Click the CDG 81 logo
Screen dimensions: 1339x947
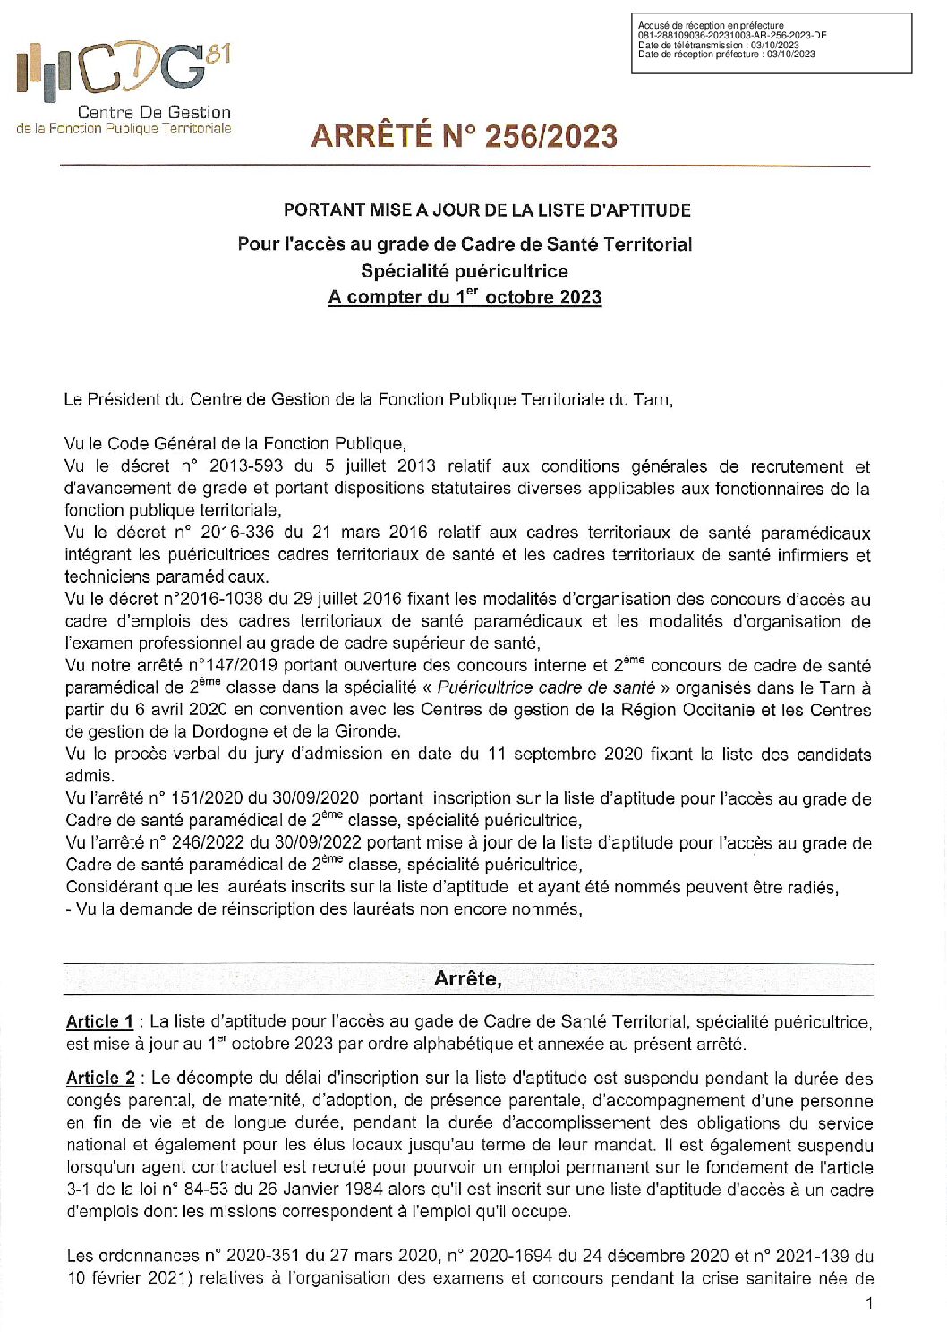[x=124, y=72]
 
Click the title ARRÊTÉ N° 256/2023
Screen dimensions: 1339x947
[x=464, y=136]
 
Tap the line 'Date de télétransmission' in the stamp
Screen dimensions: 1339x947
[x=718, y=45]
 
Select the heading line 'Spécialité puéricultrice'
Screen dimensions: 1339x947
[x=464, y=271]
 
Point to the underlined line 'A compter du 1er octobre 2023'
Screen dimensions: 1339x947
[x=464, y=297]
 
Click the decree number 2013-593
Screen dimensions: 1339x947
[x=245, y=466]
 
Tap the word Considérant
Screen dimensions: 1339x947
[x=109, y=887]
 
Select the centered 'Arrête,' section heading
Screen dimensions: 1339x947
[x=467, y=978]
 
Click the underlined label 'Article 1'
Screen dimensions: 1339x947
[x=99, y=1021]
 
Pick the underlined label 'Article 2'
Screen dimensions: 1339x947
[x=100, y=1079]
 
